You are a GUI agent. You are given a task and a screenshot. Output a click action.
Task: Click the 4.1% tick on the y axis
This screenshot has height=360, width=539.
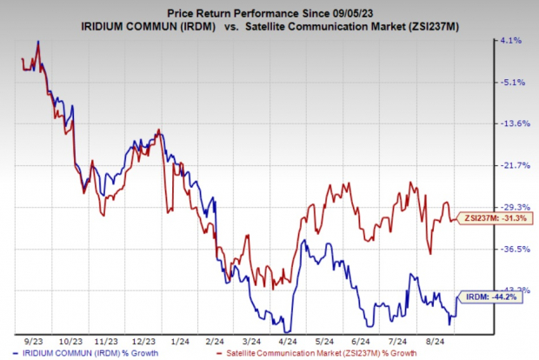[510, 40]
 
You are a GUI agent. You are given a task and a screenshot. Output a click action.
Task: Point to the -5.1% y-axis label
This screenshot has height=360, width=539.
[509, 83]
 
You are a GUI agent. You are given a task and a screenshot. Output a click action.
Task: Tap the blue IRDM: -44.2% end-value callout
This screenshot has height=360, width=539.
[491, 297]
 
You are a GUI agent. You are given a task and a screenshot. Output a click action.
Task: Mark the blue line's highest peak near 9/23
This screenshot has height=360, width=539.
[37, 41]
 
